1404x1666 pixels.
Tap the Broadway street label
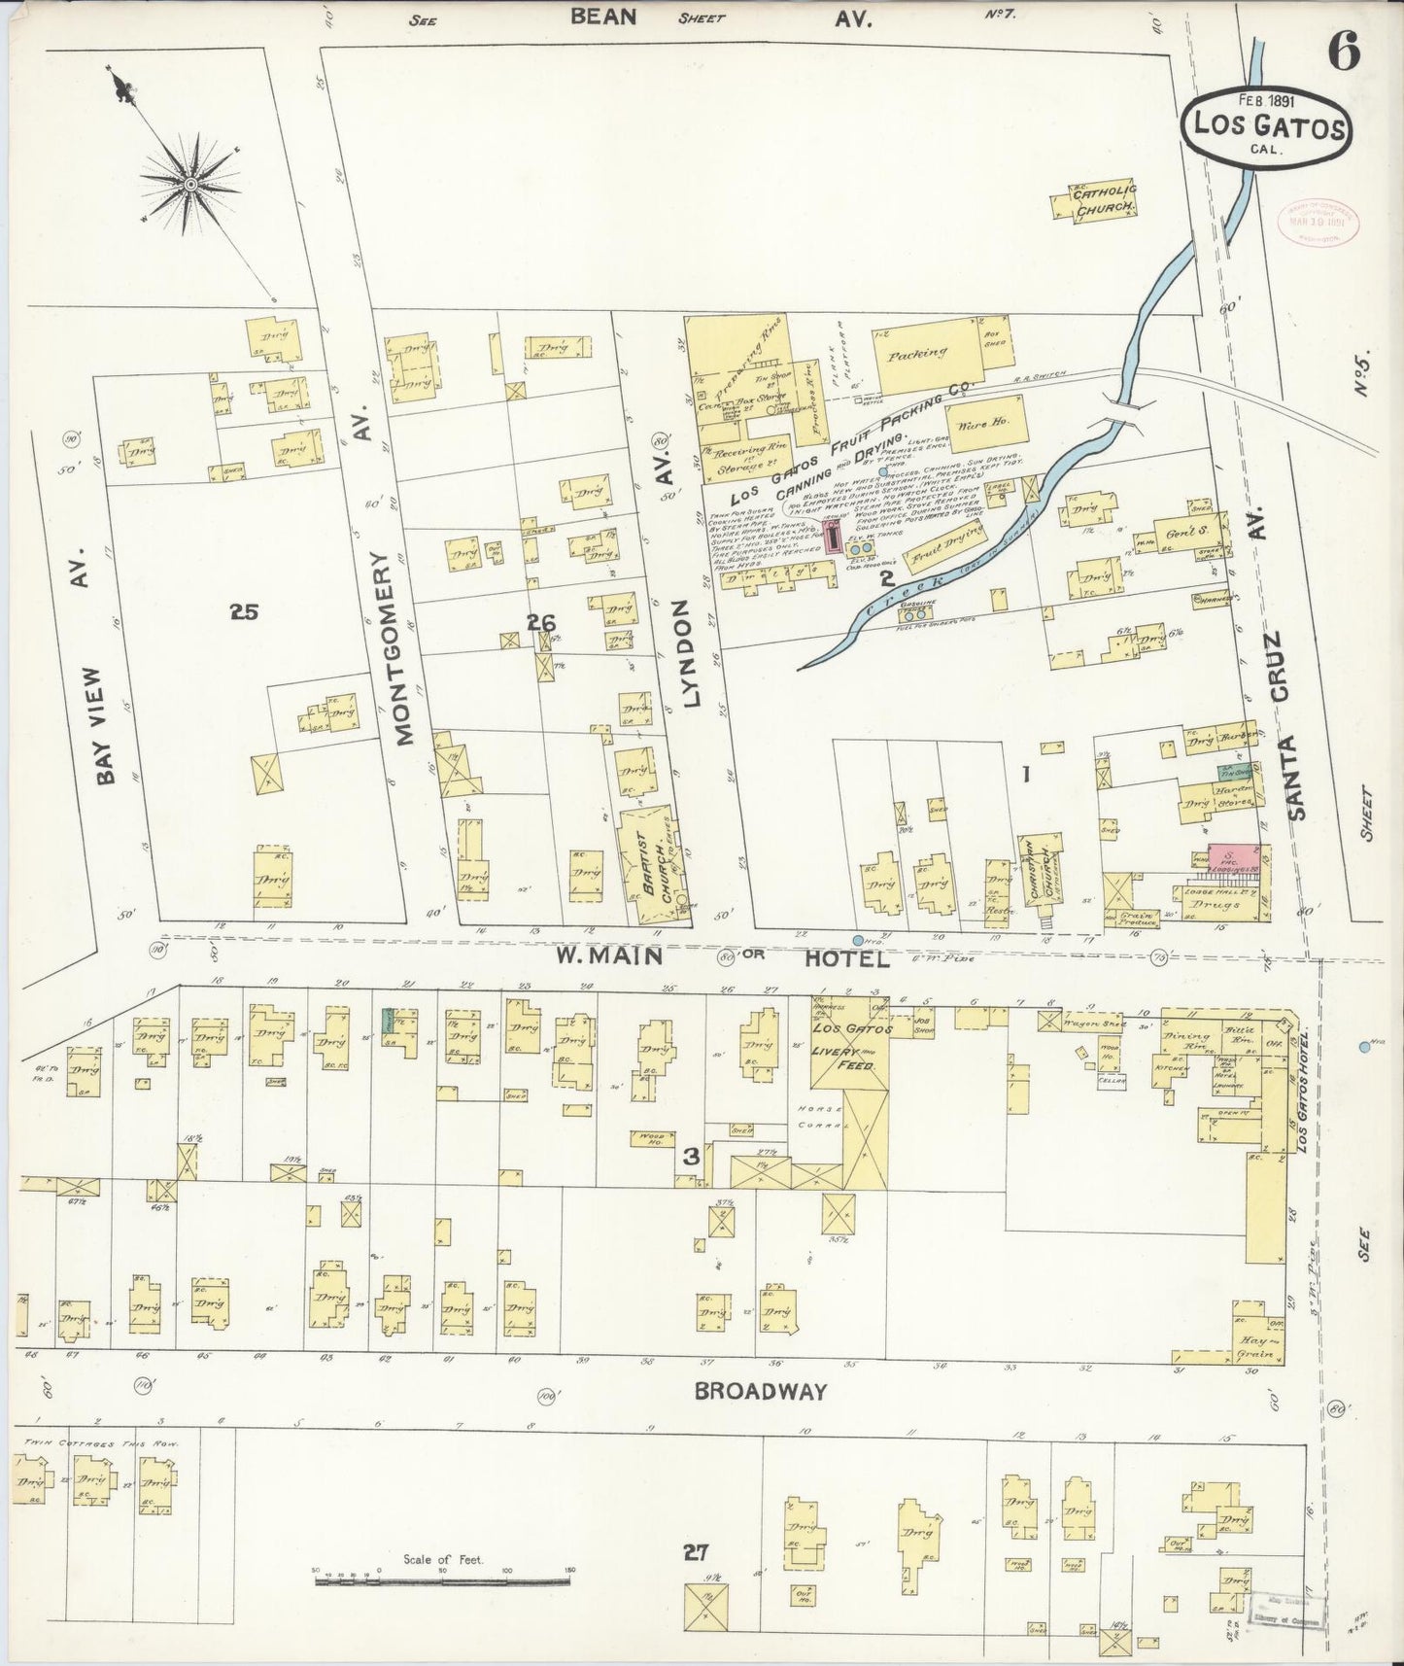click(x=760, y=1391)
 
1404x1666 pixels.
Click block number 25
click(x=244, y=611)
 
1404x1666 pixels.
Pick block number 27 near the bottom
click(x=694, y=1552)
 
